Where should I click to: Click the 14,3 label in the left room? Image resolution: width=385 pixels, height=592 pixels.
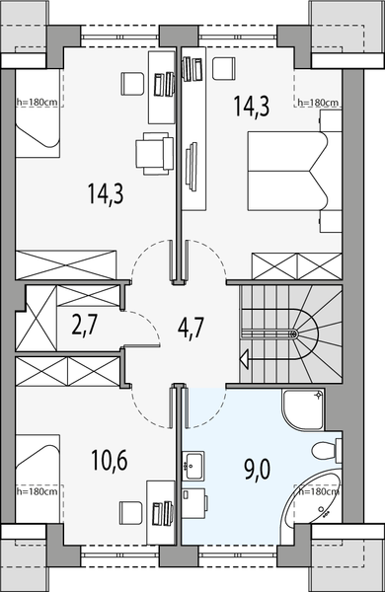tap(104, 192)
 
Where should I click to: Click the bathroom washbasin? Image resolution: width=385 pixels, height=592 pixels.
tap(192, 461)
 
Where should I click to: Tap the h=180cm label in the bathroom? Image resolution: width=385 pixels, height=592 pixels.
tap(319, 489)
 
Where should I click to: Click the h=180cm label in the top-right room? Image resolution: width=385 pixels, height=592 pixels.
tap(318, 103)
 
